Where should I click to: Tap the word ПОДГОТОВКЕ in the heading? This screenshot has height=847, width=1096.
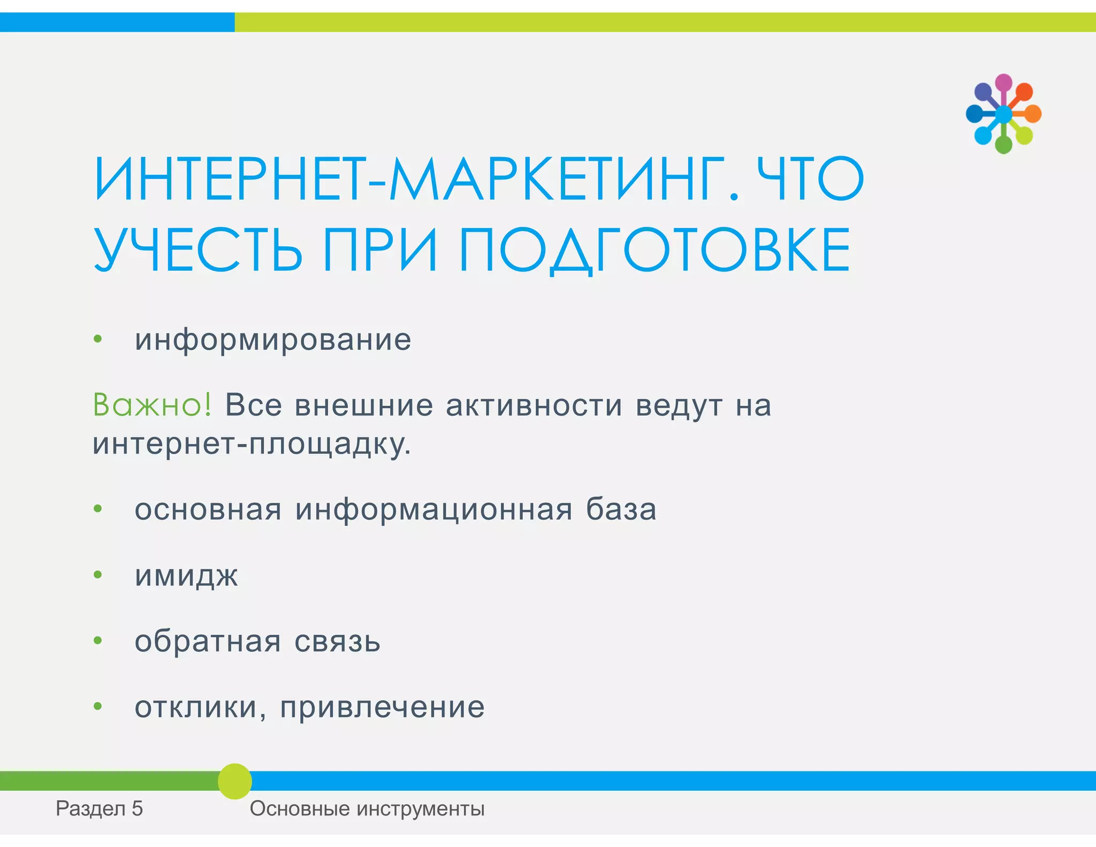tap(654, 250)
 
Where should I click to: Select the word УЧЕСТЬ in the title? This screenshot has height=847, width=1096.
tap(198, 250)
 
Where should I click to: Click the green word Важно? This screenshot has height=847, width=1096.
tap(153, 405)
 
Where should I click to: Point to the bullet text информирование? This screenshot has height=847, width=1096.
tap(273, 340)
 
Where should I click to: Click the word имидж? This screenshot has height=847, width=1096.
tap(186, 576)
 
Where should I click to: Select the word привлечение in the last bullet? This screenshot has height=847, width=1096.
tap(383, 707)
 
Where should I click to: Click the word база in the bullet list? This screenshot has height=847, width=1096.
tap(621, 509)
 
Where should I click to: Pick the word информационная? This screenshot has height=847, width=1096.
tap(434, 509)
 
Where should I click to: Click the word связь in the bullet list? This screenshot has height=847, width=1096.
tap(337, 641)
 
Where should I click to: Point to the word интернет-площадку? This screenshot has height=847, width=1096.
tap(252, 444)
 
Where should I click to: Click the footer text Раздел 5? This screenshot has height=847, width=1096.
tap(100, 808)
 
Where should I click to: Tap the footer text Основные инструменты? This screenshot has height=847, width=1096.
tap(367, 808)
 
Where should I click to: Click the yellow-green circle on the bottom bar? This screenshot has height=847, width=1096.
tap(235, 781)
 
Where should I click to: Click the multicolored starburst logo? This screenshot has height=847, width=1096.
tap(1003, 114)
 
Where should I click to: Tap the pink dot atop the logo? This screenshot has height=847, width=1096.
tap(1003, 82)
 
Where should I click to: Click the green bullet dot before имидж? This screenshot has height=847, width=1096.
tap(97, 575)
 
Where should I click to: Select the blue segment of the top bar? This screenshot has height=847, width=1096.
tap(117, 22)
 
